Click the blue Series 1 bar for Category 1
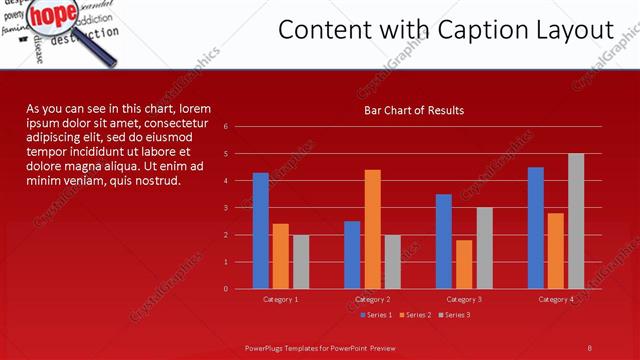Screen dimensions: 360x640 pos(261,231)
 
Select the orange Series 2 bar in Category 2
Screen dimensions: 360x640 pos(372,229)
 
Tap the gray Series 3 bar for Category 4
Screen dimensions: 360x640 pos(576,221)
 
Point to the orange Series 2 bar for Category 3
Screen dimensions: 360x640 pos(464,264)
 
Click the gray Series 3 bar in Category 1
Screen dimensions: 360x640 pos(301,262)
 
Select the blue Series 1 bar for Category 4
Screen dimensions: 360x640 pos(536,228)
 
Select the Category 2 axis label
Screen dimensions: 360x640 pos(372,299)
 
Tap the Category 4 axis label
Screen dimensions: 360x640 pos(556,299)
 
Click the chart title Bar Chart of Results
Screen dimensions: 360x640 pos(413,110)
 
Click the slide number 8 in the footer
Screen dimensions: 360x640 pos(589,348)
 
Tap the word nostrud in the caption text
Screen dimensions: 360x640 pos(155,181)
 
